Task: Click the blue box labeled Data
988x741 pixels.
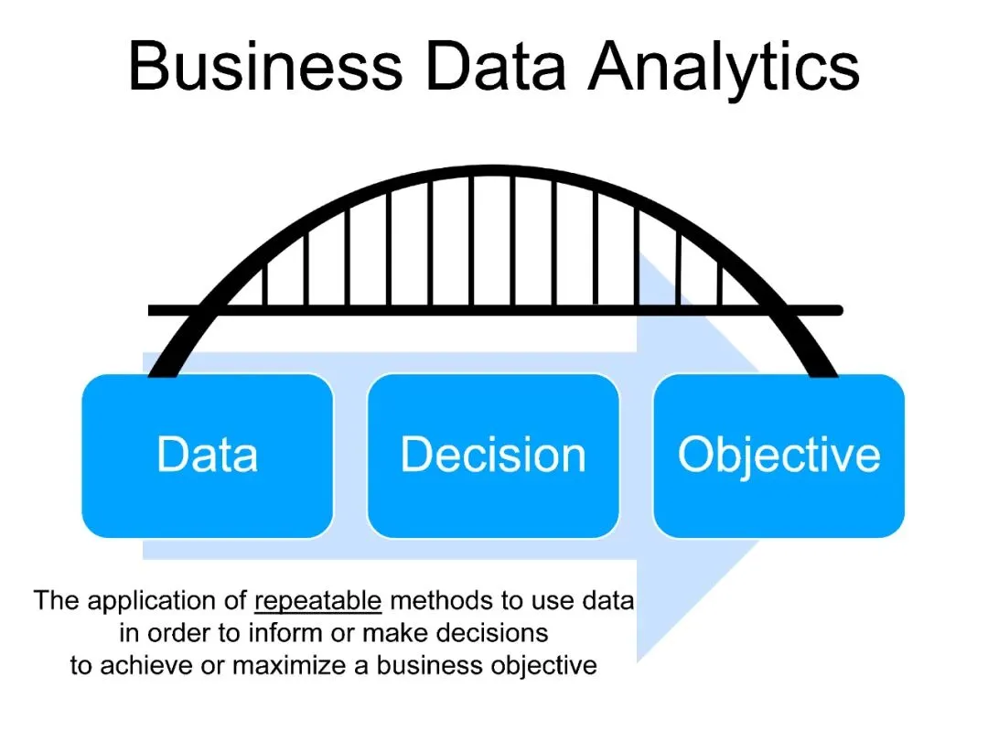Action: (208, 455)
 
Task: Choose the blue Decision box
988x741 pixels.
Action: (493, 455)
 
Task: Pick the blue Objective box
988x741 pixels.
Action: (779, 455)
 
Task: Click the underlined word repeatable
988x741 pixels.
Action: (317, 601)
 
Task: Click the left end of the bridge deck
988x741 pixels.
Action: (154, 311)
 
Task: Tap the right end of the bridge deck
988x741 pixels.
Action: (836, 311)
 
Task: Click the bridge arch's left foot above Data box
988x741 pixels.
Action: (166, 365)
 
